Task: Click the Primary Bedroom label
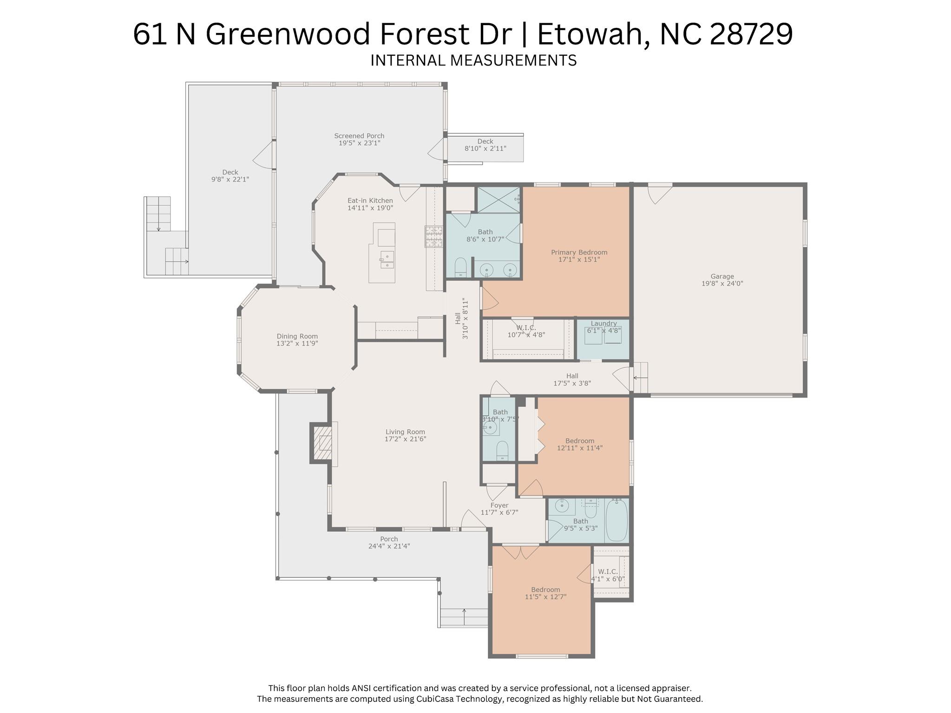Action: [x=579, y=252]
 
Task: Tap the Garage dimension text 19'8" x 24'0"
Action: [x=722, y=283]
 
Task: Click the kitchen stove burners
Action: [x=434, y=236]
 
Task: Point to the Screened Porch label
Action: [x=359, y=136]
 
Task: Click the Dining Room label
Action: [x=297, y=336]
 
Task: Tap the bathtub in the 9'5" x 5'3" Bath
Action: [x=617, y=520]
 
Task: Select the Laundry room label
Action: [x=603, y=323]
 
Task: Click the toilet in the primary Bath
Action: [x=460, y=268]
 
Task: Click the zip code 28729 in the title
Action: [x=751, y=34]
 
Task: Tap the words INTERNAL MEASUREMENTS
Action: [x=473, y=60]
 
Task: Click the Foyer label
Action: [x=499, y=505]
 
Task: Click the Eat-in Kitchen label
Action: [x=370, y=201]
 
